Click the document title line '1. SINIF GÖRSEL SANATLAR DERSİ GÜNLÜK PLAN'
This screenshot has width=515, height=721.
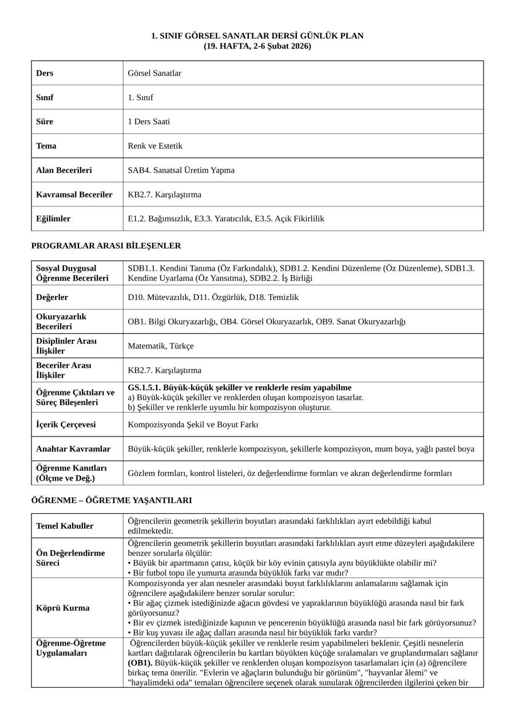click(x=257, y=36)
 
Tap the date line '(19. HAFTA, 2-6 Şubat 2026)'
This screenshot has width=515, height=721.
click(x=257, y=46)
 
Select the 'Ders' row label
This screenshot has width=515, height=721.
click(x=45, y=73)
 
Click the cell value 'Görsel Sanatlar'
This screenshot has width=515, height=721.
click(x=154, y=73)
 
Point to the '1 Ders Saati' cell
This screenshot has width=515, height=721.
click(x=149, y=122)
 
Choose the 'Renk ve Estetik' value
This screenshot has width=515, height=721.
click(x=155, y=146)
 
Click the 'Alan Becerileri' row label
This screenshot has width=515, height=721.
click(x=64, y=171)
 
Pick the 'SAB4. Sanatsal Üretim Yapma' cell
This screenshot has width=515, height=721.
click(x=181, y=171)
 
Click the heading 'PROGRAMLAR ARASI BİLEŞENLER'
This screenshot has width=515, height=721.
click(x=106, y=246)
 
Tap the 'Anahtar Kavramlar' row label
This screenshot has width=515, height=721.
click(x=73, y=449)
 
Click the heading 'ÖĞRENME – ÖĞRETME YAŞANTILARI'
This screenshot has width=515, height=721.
click(x=111, y=501)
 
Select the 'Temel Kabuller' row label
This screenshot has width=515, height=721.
click(x=65, y=526)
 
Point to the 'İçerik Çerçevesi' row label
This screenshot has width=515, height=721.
click(x=66, y=425)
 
